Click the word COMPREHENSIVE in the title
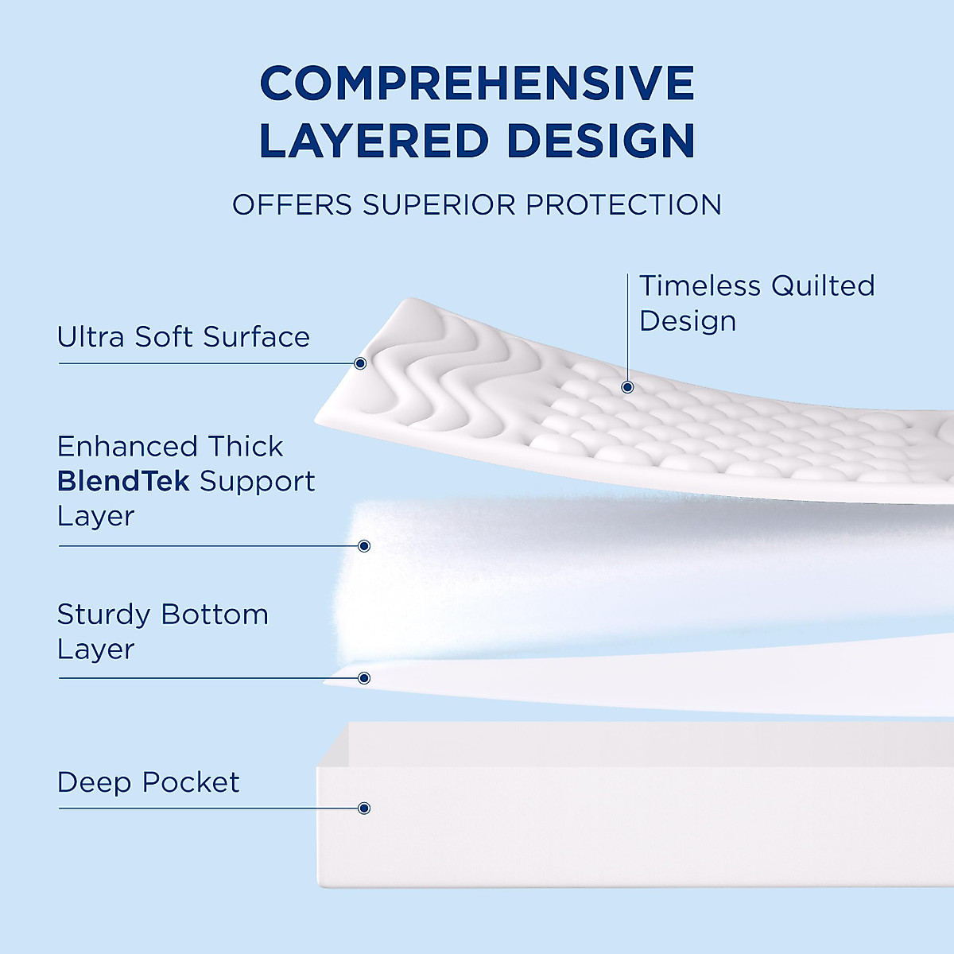click(477, 83)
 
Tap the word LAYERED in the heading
click(373, 142)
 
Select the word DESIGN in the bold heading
click(601, 142)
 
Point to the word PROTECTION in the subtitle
click(624, 205)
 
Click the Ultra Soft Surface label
click(184, 337)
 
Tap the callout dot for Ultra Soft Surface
click(360, 363)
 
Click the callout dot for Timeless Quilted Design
click(627, 387)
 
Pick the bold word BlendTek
click(123, 481)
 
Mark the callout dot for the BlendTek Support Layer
click(364, 545)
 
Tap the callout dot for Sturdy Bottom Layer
click(364, 678)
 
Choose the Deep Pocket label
click(148, 782)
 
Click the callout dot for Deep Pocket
click(364, 808)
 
